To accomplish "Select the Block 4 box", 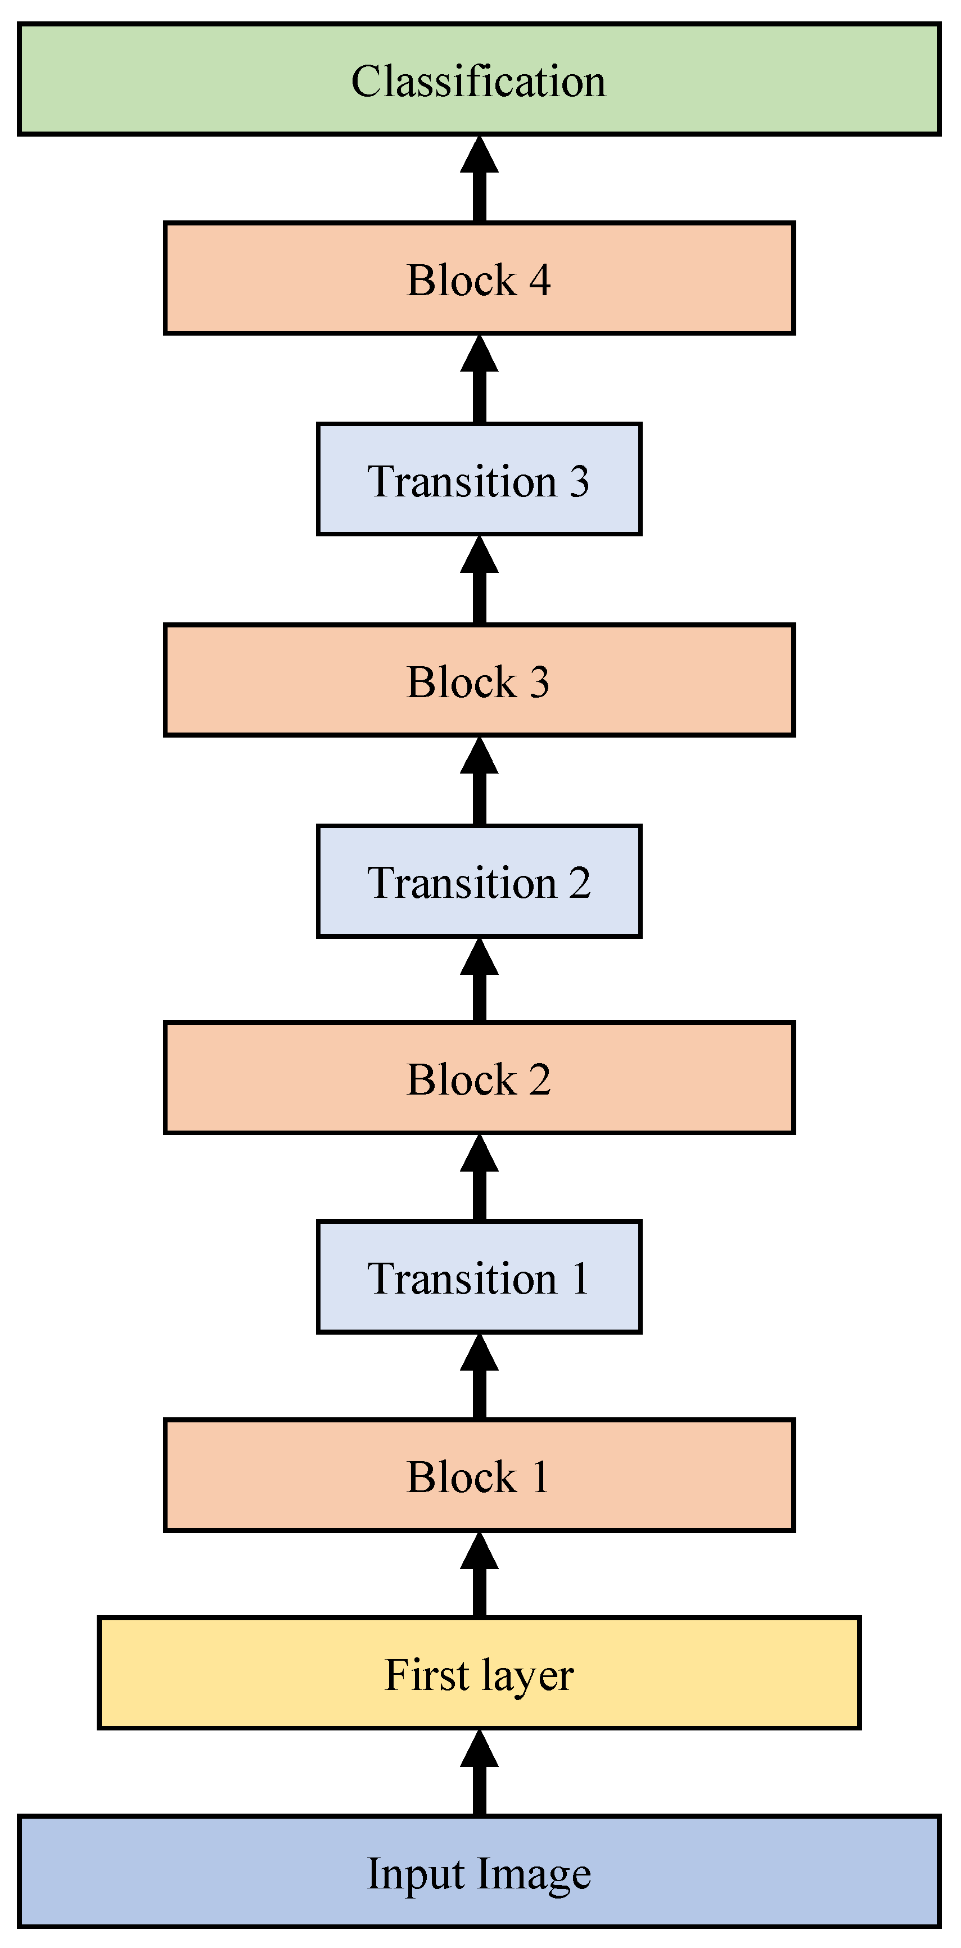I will pos(479,278).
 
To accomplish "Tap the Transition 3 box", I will pos(479,480).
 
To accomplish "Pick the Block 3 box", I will pos(479,680).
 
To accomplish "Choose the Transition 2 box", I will pos(479,881).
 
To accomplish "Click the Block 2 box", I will pos(479,1078).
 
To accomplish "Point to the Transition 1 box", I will pos(479,1277).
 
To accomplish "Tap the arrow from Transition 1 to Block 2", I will pos(479,1178).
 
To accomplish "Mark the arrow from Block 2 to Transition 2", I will pos(479,980).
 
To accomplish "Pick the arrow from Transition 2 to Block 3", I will pos(479,781).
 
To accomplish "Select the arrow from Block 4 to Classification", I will pos(479,180).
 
